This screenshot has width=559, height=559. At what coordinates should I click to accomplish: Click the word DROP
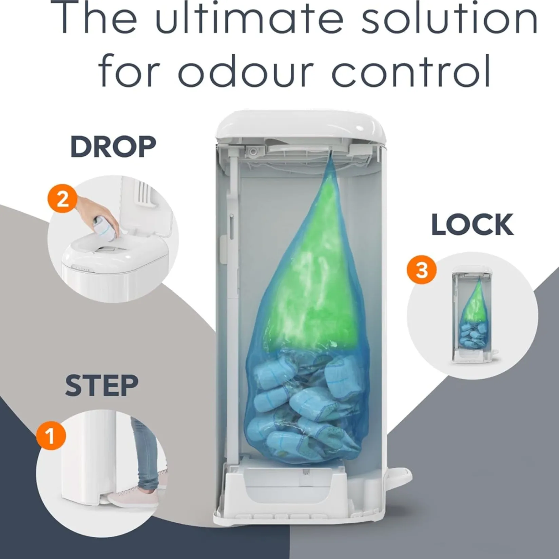click(x=113, y=147)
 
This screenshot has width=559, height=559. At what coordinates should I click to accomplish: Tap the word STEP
click(x=102, y=386)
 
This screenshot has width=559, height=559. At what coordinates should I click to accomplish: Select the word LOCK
click(x=473, y=225)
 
